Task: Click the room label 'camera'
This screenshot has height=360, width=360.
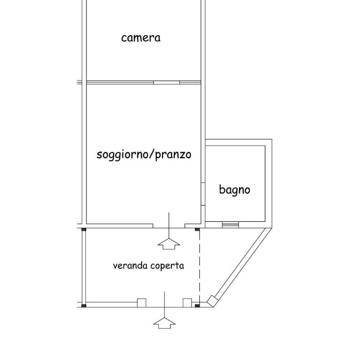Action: (x=141, y=38)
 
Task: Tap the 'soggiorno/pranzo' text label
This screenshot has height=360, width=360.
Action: (x=144, y=155)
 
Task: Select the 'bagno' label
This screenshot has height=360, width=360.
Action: (x=234, y=190)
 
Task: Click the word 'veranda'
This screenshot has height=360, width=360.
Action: (x=130, y=266)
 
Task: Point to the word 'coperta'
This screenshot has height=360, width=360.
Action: (x=167, y=266)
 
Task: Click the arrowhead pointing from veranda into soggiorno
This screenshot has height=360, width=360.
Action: (x=169, y=244)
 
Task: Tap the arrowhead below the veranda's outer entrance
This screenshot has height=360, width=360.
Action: (x=165, y=323)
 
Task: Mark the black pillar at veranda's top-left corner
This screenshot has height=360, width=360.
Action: (x=84, y=229)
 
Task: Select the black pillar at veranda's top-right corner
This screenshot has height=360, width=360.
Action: (x=197, y=229)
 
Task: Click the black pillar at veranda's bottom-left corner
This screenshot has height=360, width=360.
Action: (x=84, y=306)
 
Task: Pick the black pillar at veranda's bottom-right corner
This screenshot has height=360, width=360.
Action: (x=197, y=306)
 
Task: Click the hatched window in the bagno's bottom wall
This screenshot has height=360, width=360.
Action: (x=231, y=225)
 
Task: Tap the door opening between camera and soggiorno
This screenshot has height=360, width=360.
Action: (x=167, y=82)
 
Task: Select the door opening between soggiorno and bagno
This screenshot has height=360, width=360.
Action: (x=203, y=194)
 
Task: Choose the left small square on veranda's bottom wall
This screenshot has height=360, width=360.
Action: (x=142, y=303)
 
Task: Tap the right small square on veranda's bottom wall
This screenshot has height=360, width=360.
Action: (x=187, y=303)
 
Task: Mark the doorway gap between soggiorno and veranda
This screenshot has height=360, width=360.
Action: (x=169, y=226)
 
